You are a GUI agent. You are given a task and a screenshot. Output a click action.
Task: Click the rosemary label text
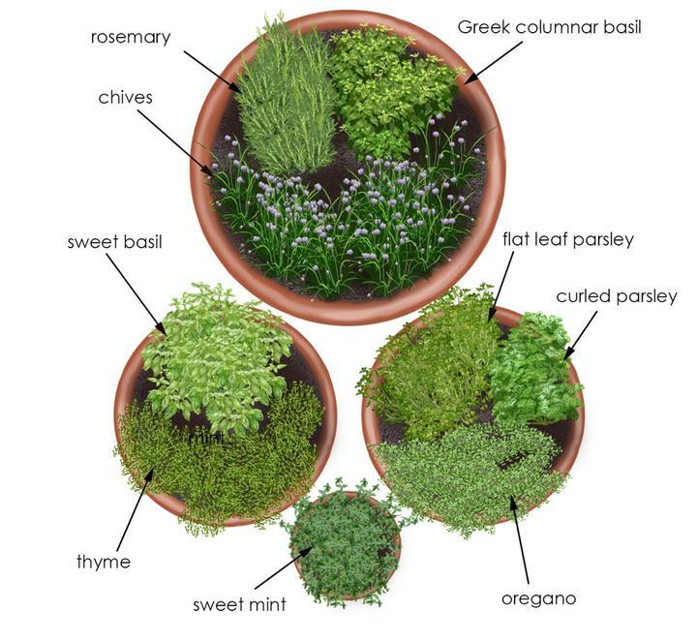pyautogui.click(x=131, y=38)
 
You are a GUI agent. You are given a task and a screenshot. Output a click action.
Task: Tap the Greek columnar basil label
pyautogui.click(x=550, y=27)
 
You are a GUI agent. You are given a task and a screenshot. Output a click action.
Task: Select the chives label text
pyautogui.click(x=126, y=98)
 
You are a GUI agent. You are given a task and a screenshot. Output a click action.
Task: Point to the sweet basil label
pyautogui.click(x=114, y=241)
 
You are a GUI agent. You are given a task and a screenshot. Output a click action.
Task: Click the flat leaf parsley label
pyautogui.click(x=567, y=239)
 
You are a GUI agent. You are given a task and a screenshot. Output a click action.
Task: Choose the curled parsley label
pyautogui.click(x=616, y=296)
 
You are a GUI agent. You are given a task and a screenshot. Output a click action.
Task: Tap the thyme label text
pyautogui.click(x=104, y=562)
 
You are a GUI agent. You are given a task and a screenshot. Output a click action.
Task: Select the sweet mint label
pyautogui.click(x=239, y=605)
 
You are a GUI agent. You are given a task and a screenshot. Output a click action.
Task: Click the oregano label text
pyautogui.click(x=538, y=598)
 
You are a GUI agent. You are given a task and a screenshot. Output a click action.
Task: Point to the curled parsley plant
pyautogui.click(x=530, y=373)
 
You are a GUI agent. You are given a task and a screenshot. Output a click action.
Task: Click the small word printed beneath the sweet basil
pyautogui.click(x=206, y=438)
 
